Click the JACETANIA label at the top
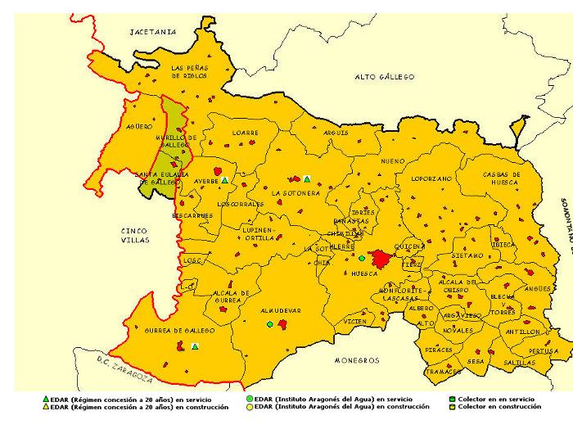pos(153,32)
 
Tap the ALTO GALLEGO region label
pos(384,77)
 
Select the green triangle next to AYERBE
pos(224,179)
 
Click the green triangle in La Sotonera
pos(307,179)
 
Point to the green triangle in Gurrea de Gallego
pos(195,346)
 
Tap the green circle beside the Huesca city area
pos(362,259)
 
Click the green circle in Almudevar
pos(269,324)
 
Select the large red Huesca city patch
pos(380,260)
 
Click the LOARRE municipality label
pos(245,133)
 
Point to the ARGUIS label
pos(336,133)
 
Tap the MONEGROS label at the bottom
pos(357,360)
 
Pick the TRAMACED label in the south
pos(444,372)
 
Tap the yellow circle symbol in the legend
pos(250,406)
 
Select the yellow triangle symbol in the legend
pos(45,406)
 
